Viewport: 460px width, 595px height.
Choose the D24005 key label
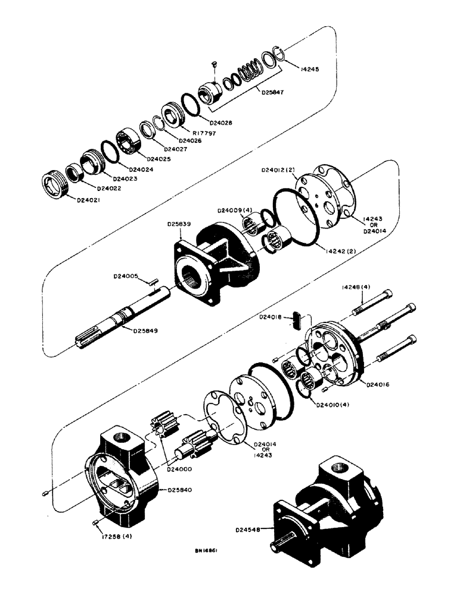point(126,276)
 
